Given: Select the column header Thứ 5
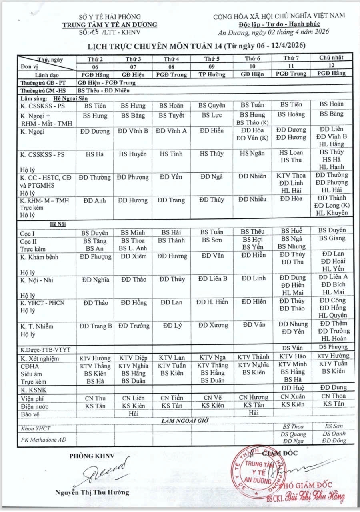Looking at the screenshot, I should (212, 59).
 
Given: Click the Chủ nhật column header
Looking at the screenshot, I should (330, 58).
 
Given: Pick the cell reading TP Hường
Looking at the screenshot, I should (212, 74).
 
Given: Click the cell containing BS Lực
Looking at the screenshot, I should (212, 116).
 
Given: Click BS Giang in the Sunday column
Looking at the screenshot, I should (332, 238).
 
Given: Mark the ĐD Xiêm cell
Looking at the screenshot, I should (134, 256).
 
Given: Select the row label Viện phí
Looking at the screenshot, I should (31, 398).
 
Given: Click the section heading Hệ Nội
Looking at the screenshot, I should (58, 224).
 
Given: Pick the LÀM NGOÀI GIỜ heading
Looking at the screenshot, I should (184, 420).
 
